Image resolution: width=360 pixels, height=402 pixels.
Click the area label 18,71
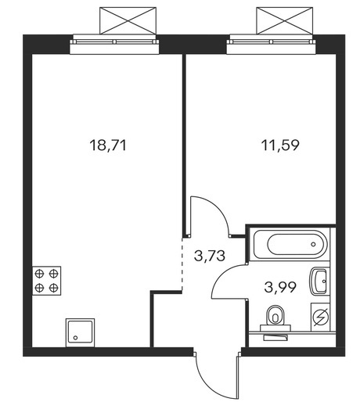pyautogui.click(x=108, y=145)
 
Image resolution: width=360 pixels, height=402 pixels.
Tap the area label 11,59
pyautogui.click(x=280, y=145)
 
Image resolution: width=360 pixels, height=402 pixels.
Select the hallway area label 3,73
pyautogui.click(x=210, y=256)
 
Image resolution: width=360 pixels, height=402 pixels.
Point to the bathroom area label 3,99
pyautogui.click(x=280, y=287)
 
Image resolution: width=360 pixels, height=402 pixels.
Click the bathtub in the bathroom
pyautogui.click(x=289, y=244)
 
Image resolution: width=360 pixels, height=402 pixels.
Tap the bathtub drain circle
pyautogui.click(x=313, y=244)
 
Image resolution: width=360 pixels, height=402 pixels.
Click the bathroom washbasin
pyautogui.click(x=319, y=281)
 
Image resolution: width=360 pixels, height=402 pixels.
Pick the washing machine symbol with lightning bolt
pyautogui.click(x=320, y=317)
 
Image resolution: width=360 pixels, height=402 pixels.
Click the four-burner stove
pyautogui.click(x=46, y=281)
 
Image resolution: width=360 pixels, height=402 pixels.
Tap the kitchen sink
pyautogui.click(x=80, y=332)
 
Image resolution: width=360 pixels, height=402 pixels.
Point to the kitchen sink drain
pyautogui.click(x=75, y=338)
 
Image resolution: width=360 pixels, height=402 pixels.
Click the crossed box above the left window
pyautogui.click(x=128, y=21)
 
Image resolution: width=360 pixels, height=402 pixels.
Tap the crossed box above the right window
pyautogui.click(x=284, y=21)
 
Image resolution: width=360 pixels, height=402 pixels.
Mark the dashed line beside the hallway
pyautogui.click(x=182, y=264)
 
